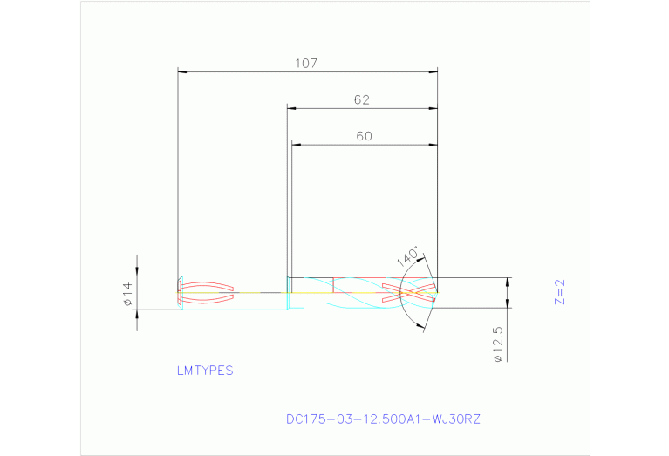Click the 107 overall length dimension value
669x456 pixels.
[306, 64]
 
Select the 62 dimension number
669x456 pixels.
[362, 100]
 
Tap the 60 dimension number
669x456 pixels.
[364, 136]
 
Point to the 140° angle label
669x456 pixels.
[408, 256]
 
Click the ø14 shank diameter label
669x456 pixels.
[126, 294]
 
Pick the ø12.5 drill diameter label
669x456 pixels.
[497, 344]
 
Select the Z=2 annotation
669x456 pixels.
[560, 291]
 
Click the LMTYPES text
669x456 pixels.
[205, 370]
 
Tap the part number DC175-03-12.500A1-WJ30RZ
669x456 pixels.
[383, 419]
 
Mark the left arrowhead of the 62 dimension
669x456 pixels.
[292, 109]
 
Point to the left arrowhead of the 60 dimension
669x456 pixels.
[296, 145]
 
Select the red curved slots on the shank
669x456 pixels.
[207, 292]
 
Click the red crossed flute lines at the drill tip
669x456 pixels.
[410, 292]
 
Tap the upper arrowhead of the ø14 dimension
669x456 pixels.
[137, 272]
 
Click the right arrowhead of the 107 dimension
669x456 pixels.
[433, 71]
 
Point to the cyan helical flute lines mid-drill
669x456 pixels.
[358, 292]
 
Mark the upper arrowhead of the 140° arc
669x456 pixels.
[424, 259]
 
